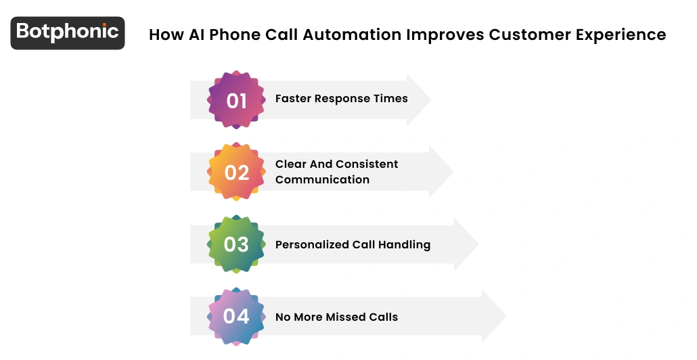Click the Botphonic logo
(68, 32)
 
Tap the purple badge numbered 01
(236, 100)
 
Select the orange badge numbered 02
(236, 172)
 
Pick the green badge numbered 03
(236, 244)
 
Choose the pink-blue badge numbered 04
(236, 316)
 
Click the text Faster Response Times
(341, 99)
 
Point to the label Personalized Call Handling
(353, 244)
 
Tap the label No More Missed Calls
(336, 317)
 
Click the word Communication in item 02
(322, 180)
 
